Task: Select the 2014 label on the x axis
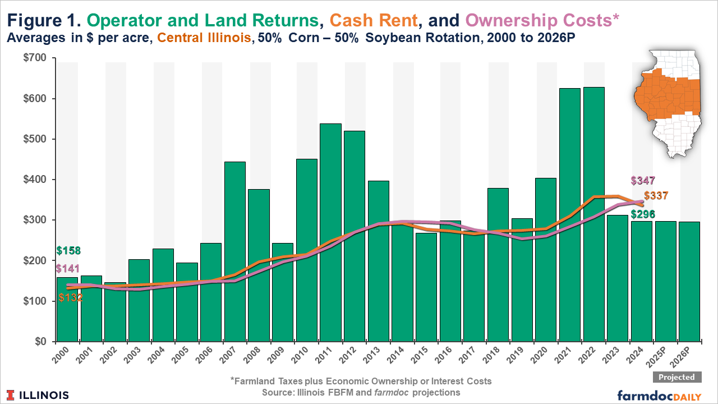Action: [x=399, y=357]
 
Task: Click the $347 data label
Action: [x=642, y=181]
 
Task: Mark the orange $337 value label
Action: [x=656, y=196]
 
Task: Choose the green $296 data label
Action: [x=642, y=214]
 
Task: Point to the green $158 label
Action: [x=68, y=251]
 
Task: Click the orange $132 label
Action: [x=71, y=298]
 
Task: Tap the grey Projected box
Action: [x=676, y=377]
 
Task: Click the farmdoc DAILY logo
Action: [x=659, y=395]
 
